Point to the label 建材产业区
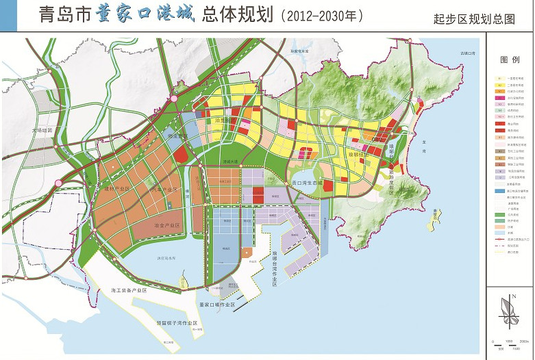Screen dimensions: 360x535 [116, 188]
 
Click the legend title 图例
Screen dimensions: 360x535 [510, 60]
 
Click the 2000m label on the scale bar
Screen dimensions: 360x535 [523, 340]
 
